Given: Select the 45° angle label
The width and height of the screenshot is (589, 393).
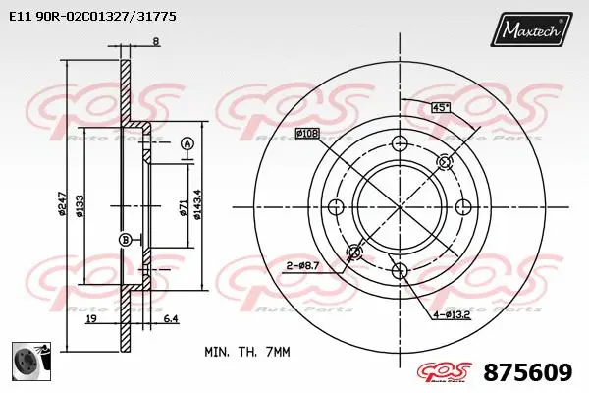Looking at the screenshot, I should click(x=442, y=106).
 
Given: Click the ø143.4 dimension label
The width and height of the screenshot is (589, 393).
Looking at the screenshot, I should click(x=198, y=203).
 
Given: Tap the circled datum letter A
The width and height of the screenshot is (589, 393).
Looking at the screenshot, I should click(x=186, y=144).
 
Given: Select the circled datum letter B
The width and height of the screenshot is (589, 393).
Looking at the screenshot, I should click(x=125, y=240).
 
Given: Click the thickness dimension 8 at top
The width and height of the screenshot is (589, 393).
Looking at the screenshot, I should click(x=156, y=40).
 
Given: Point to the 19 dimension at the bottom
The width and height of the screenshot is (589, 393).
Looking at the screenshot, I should click(x=89, y=319).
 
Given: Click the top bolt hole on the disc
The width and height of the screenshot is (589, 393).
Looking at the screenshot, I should click(x=399, y=144).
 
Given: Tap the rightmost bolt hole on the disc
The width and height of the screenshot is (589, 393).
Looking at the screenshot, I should click(x=462, y=207).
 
